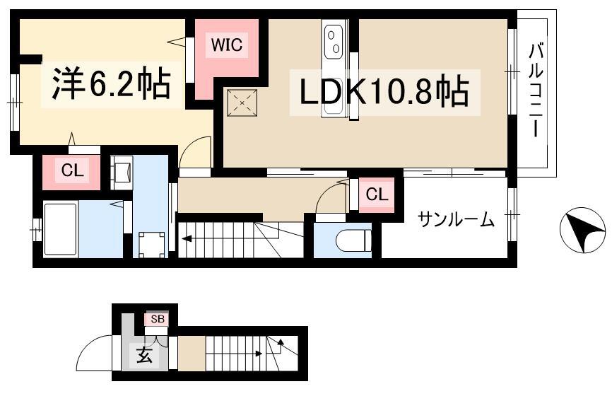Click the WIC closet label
tap(226, 45)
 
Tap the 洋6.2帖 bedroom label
tap(111, 84)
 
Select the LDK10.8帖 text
tap(384, 92)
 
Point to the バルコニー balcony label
tap(536, 91)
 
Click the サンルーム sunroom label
tap(457, 220)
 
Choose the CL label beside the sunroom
tap(377, 194)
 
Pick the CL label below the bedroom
tap(72, 170)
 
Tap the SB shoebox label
tap(158, 319)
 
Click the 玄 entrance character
tap(144, 355)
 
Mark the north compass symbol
tap(582, 231)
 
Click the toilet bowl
tap(353, 240)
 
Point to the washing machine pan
tap(152, 245)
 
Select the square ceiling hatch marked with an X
tap(242, 103)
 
